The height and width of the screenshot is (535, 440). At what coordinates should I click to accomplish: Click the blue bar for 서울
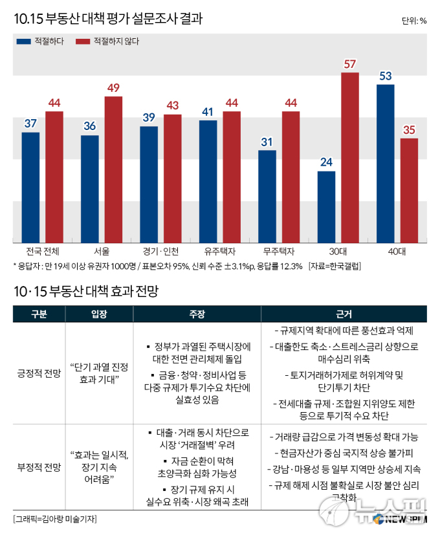click(x=90, y=189)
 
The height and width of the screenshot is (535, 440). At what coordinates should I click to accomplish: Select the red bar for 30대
click(x=350, y=157)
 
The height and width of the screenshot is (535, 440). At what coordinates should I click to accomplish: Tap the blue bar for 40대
click(x=386, y=163)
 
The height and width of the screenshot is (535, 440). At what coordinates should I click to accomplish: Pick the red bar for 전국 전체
click(x=54, y=177)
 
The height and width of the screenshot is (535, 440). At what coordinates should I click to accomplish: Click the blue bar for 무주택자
click(x=267, y=197)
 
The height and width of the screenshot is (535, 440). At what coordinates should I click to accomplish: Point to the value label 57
click(x=350, y=64)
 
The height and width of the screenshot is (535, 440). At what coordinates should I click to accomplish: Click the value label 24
click(x=326, y=162)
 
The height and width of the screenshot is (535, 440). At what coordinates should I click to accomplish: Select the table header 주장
click(x=197, y=314)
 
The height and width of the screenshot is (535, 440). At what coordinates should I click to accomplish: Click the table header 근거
click(x=344, y=314)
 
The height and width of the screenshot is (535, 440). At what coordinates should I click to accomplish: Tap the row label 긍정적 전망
click(x=39, y=373)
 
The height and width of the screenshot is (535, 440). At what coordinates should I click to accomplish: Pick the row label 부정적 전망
click(x=39, y=467)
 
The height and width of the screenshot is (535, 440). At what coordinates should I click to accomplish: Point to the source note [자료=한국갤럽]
click(x=335, y=266)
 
